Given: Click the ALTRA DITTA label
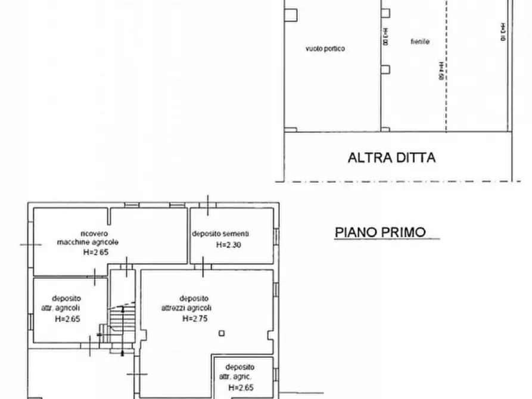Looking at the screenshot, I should [x=391, y=158].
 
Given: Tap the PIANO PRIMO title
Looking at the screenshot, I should [x=380, y=232].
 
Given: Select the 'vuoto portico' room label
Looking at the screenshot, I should [x=325, y=49].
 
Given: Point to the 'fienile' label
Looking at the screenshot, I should [x=420, y=42].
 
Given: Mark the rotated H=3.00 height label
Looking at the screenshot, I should [x=385, y=38].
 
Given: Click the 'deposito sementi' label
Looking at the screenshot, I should [x=224, y=233].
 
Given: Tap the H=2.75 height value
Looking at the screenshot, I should [x=194, y=318].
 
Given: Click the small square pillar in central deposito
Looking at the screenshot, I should [x=222, y=333].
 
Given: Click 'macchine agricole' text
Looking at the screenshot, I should [x=88, y=242].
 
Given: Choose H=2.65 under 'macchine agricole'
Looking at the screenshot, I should [x=96, y=252].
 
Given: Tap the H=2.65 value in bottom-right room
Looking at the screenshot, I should [x=241, y=388].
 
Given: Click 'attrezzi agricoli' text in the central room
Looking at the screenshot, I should [x=186, y=308].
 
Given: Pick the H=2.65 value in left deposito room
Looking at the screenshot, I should [x=67, y=319].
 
